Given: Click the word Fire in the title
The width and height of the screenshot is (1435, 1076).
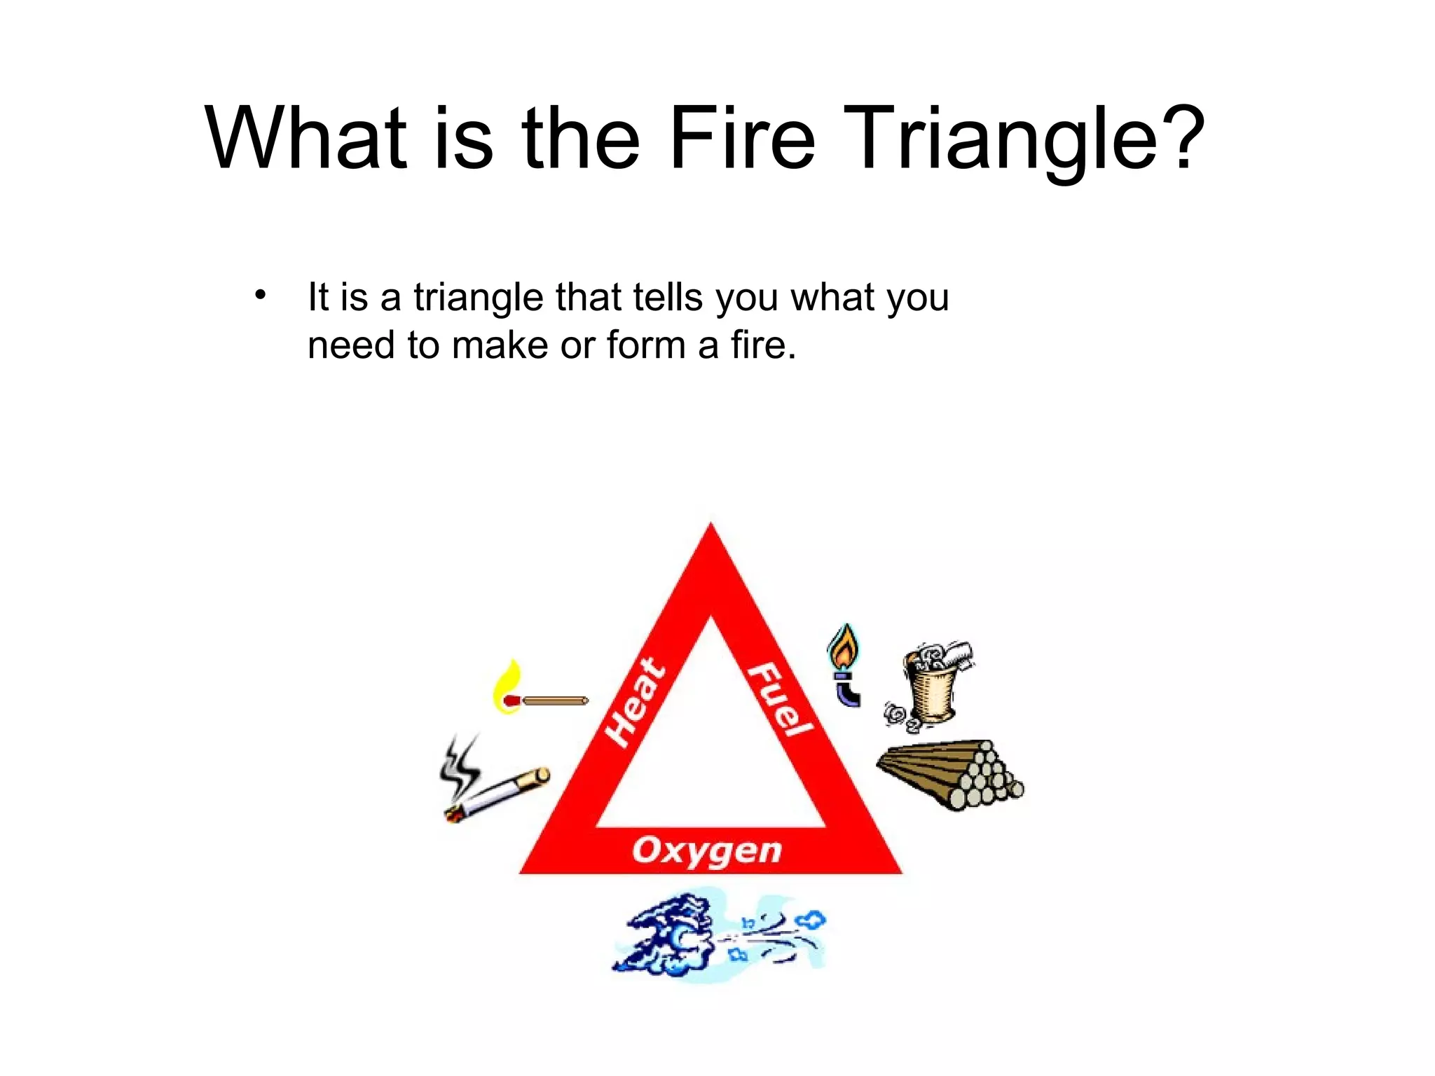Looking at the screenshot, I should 742,137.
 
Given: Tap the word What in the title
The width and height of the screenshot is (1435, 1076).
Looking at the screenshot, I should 305,137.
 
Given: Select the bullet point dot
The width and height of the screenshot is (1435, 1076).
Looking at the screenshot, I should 261,295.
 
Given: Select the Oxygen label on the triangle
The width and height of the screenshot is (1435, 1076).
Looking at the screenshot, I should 706,850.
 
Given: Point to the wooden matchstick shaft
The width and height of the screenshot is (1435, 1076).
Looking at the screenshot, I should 555,701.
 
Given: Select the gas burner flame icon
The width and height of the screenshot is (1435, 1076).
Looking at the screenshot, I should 843,648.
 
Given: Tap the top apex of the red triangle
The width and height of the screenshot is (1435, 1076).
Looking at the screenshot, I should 710,532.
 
